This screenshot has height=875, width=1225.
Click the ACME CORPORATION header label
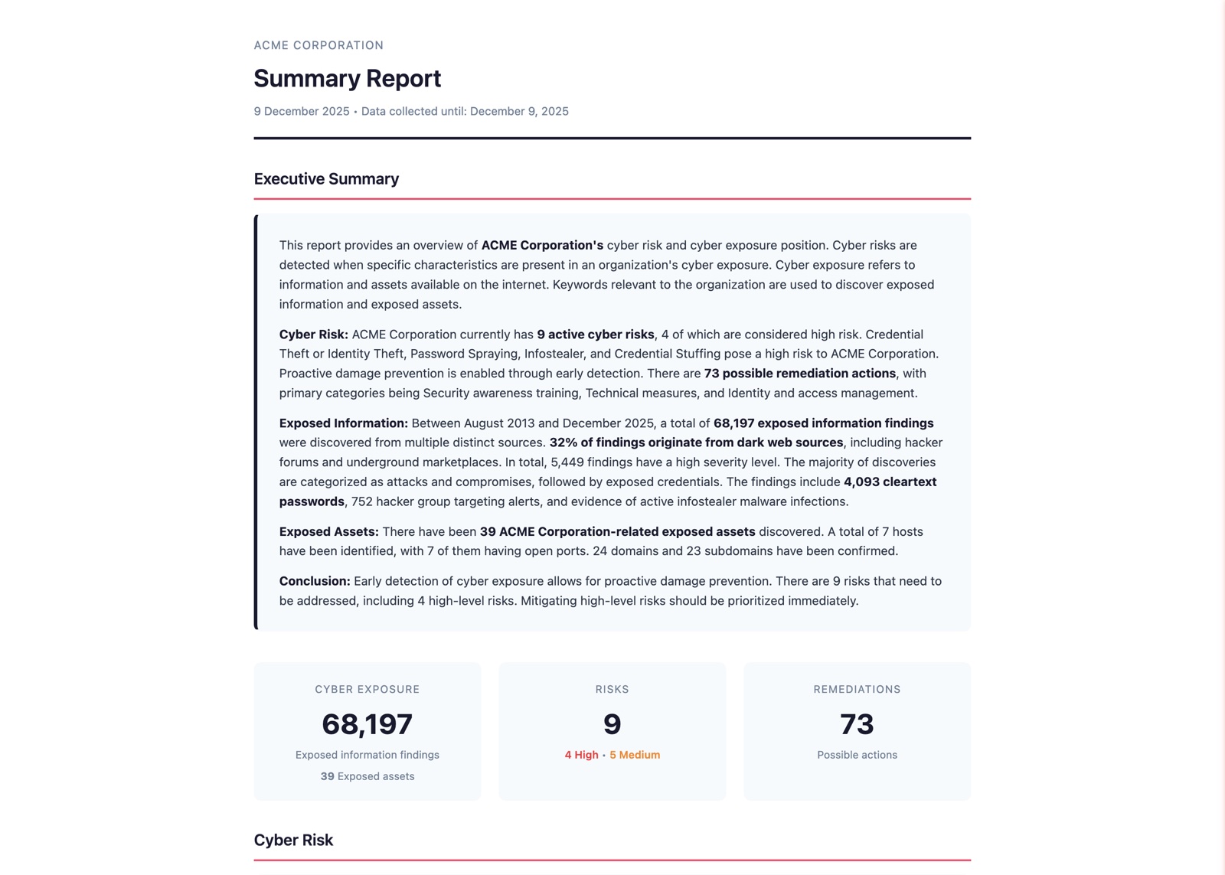tap(318, 45)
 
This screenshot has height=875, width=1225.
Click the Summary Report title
tap(347, 79)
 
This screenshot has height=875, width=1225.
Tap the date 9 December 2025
tap(302, 111)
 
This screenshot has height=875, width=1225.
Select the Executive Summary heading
tap(326, 179)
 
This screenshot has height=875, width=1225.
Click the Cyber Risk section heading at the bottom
tap(293, 840)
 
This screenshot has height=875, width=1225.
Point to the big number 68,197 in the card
tap(367, 724)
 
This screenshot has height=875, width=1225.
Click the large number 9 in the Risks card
tap(612, 724)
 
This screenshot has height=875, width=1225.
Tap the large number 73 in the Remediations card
tap(857, 724)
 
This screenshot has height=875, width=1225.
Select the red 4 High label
tap(581, 755)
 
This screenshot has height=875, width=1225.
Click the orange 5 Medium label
tap(635, 755)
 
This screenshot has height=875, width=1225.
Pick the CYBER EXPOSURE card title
tap(367, 689)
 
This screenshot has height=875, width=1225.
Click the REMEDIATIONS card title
tap(857, 689)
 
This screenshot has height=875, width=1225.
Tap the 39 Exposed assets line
tap(367, 776)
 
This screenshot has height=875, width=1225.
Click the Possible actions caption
tap(857, 755)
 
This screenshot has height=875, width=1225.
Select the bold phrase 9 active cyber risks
tap(596, 335)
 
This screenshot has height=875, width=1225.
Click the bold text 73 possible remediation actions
tap(799, 374)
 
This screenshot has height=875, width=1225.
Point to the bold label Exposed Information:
tap(343, 423)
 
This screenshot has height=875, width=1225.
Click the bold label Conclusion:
tap(315, 581)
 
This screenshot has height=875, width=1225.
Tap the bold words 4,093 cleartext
tap(890, 482)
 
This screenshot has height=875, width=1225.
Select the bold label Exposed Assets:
tap(328, 531)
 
